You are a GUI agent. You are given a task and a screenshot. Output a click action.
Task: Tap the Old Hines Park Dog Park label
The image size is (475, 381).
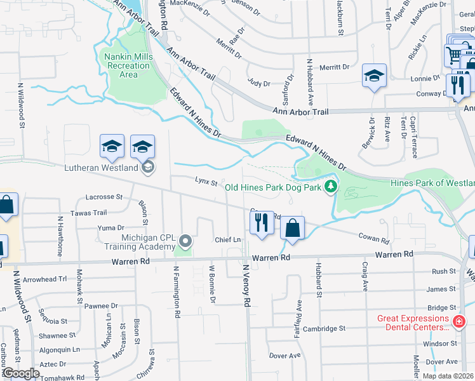[x=273, y=187]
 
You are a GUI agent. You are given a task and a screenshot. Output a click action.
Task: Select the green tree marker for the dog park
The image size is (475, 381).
[x=330, y=186]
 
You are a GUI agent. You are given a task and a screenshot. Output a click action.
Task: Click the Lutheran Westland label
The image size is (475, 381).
[x=101, y=168]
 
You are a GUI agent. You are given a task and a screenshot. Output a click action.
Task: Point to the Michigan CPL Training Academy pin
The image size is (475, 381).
[x=185, y=241]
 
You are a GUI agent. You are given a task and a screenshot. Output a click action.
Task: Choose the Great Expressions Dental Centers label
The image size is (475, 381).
[x=413, y=323]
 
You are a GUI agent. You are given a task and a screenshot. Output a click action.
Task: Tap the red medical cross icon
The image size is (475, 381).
[x=459, y=323]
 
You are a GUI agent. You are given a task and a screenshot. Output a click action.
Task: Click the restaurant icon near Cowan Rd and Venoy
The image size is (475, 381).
[x=261, y=223]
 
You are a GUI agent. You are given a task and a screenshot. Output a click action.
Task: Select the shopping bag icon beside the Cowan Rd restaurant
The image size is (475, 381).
[x=292, y=229]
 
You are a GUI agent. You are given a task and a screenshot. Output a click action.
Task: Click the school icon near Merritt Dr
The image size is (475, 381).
[x=375, y=76]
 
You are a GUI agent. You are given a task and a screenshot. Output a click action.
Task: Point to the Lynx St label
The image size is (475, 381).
[x=206, y=183]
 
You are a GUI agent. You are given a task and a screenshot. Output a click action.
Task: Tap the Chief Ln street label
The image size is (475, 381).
[x=227, y=239]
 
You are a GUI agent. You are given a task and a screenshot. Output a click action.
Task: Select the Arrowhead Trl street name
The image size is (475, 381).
[x=44, y=279]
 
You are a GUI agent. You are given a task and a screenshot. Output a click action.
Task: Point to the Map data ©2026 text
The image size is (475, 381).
[x=447, y=376]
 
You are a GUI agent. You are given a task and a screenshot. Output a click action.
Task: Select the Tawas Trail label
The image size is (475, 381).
[x=89, y=213]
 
